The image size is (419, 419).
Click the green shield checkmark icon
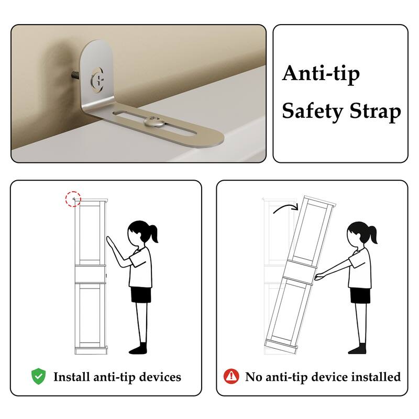click(x=38, y=376)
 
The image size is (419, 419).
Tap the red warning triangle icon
click(x=231, y=376)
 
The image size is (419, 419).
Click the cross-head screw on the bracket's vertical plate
click(x=97, y=80)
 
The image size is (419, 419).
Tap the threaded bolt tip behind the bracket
click(x=75, y=75)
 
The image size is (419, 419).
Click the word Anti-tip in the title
click(x=321, y=74)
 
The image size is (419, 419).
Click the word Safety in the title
click(x=313, y=112)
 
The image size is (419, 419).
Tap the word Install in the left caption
click(x=72, y=377)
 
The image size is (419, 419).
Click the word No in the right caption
click(x=254, y=377)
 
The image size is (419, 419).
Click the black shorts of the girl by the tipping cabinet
click(x=360, y=295)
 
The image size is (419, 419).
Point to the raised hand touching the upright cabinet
click(x=110, y=241)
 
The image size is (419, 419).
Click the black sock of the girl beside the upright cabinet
click(x=138, y=348)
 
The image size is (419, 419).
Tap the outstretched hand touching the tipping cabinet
click(x=319, y=277)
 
